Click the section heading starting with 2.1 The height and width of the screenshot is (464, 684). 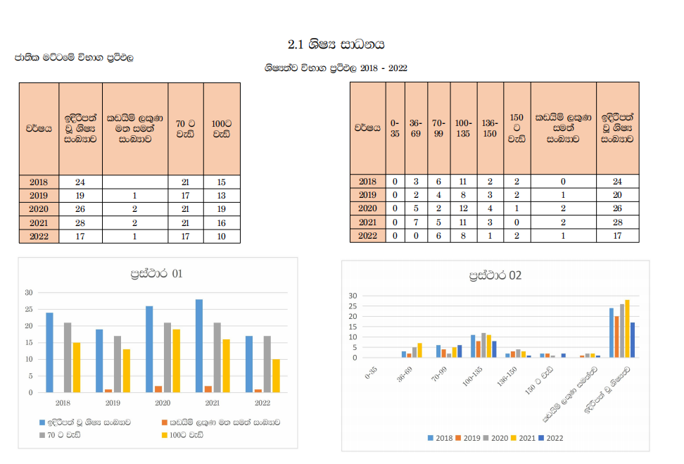click(x=336, y=44)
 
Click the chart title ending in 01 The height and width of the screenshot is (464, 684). click(x=156, y=273)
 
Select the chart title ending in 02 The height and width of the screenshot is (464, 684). click(x=495, y=275)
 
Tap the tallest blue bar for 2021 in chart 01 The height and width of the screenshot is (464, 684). click(x=199, y=346)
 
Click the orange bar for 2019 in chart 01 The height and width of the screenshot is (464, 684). click(x=108, y=391)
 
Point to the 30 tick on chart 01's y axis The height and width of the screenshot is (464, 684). click(x=29, y=292)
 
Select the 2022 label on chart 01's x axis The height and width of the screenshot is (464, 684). click(x=262, y=403)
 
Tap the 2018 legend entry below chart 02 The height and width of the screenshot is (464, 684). click(x=441, y=438)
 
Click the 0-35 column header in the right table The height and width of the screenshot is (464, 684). click(x=395, y=128)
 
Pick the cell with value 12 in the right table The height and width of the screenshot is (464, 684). click(x=463, y=208)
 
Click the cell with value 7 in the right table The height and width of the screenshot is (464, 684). click(x=417, y=222)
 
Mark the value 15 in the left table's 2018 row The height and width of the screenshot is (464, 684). click(x=222, y=182)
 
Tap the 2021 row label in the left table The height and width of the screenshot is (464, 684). click(x=39, y=222)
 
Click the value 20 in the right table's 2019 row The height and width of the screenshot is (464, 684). click(x=617, y=195)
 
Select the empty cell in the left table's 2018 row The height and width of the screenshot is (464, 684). click(x=135, y=182)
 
